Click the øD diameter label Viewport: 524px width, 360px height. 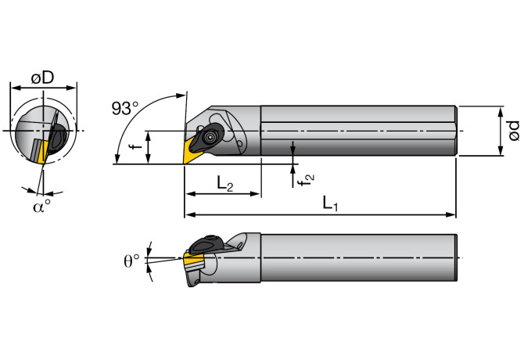pos(42,77)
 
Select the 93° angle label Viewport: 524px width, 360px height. pos(124,109)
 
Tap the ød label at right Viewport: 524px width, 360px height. pos(514,131)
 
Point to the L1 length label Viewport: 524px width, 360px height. pos(331,204)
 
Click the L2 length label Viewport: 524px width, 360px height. pos(225,185)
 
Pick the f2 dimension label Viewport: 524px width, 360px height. pos(309,178)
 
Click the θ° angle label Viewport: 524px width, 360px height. pos(132,260)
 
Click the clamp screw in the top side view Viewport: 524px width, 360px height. pos(211,136)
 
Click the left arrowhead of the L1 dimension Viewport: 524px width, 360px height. pos(188,214)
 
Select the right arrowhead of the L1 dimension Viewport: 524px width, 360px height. pos(452,214)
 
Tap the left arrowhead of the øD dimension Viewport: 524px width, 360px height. pos(12,88)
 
